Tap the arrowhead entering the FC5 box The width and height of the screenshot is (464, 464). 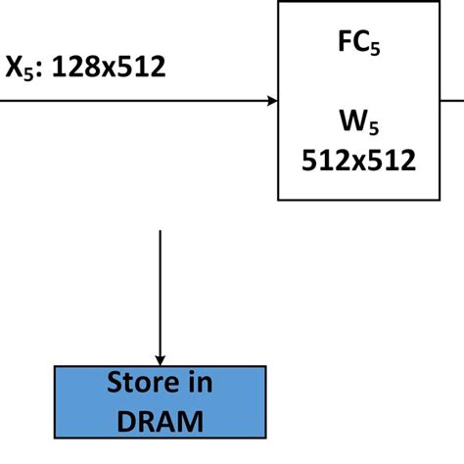(x=271, y=100)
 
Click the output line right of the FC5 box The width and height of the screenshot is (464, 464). (x=452, y=100)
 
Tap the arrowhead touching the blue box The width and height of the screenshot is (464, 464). (x=161, y=358)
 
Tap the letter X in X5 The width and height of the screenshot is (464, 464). (x=15, y=67)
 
